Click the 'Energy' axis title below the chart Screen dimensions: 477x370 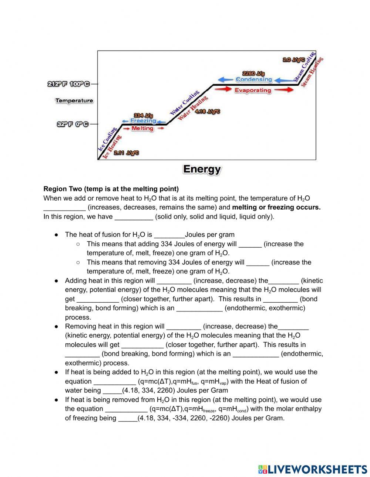pos(202,169)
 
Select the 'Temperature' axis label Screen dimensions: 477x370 pos(74,100)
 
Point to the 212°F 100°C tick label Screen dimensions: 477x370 pos(69,84)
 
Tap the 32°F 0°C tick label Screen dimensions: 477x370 pos(73,124)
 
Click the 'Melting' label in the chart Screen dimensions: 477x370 pos(142,128)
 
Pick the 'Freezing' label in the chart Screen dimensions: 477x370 pos(143,121)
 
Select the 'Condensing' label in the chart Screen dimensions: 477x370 pos(253,79)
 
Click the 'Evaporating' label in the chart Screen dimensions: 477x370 pos(253,90)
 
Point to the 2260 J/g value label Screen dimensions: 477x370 pos(253,74)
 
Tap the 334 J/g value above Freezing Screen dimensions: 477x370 pos(143,115)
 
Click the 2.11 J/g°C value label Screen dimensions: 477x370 pos(126,153)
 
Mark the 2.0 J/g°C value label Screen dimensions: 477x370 pos(293,59)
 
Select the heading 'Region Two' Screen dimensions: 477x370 pos(111,189)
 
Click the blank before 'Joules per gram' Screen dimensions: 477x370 pos(169,235)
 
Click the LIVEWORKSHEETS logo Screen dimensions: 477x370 pos(312,469)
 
